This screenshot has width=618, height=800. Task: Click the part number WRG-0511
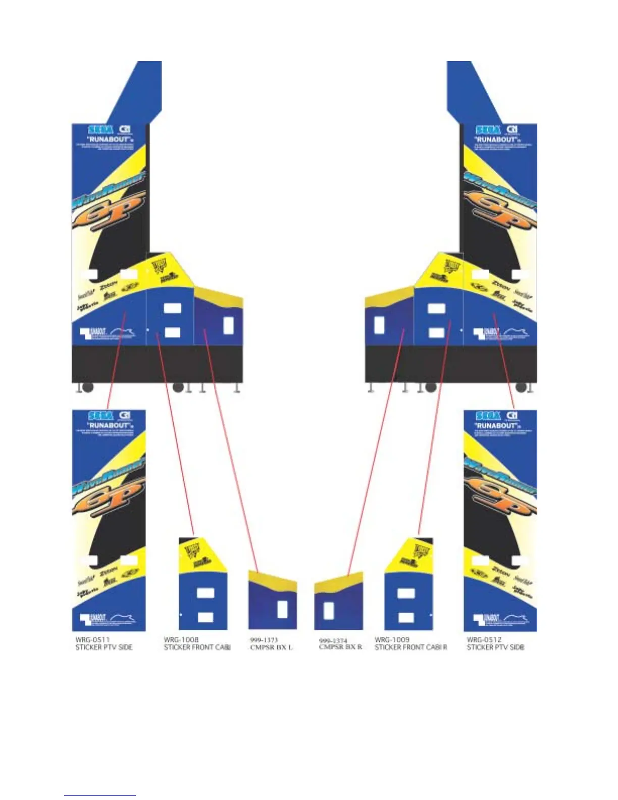click(92, 639)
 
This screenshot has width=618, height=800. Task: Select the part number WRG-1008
click(181, 639)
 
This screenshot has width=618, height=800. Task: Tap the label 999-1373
click(264, 640)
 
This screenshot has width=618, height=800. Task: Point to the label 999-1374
click(333, 640)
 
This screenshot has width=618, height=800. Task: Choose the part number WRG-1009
click(392, 639)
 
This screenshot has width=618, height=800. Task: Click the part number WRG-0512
click(484, 639)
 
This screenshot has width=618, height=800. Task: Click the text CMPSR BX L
click(271, 647)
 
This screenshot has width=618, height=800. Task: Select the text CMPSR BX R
click(340, 647)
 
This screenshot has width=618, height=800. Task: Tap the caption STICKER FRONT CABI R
click(410, 647)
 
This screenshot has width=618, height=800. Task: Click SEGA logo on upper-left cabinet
click(100, 130)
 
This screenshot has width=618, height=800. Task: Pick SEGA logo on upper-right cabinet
click(488, 130)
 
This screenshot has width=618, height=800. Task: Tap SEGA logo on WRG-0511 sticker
click(100, 416)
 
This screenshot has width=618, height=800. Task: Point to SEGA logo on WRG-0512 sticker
click(488, 416)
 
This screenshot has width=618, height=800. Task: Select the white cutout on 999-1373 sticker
click(283, 609)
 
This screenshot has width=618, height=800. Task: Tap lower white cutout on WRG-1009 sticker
click(406, 617)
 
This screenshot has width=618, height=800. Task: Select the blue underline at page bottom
click(100, 795)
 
